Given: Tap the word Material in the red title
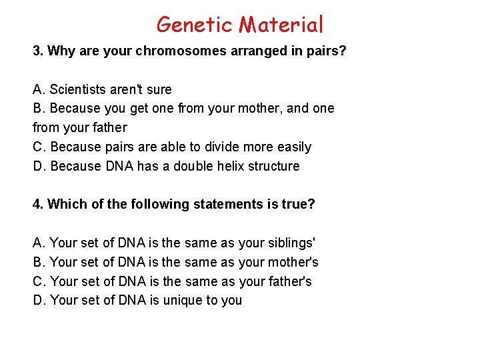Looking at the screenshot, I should click(281, 25).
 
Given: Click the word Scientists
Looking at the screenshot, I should click(80, 89).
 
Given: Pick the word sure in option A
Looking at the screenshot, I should click(158, 89).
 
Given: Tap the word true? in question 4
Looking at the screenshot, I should click(297, 204).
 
